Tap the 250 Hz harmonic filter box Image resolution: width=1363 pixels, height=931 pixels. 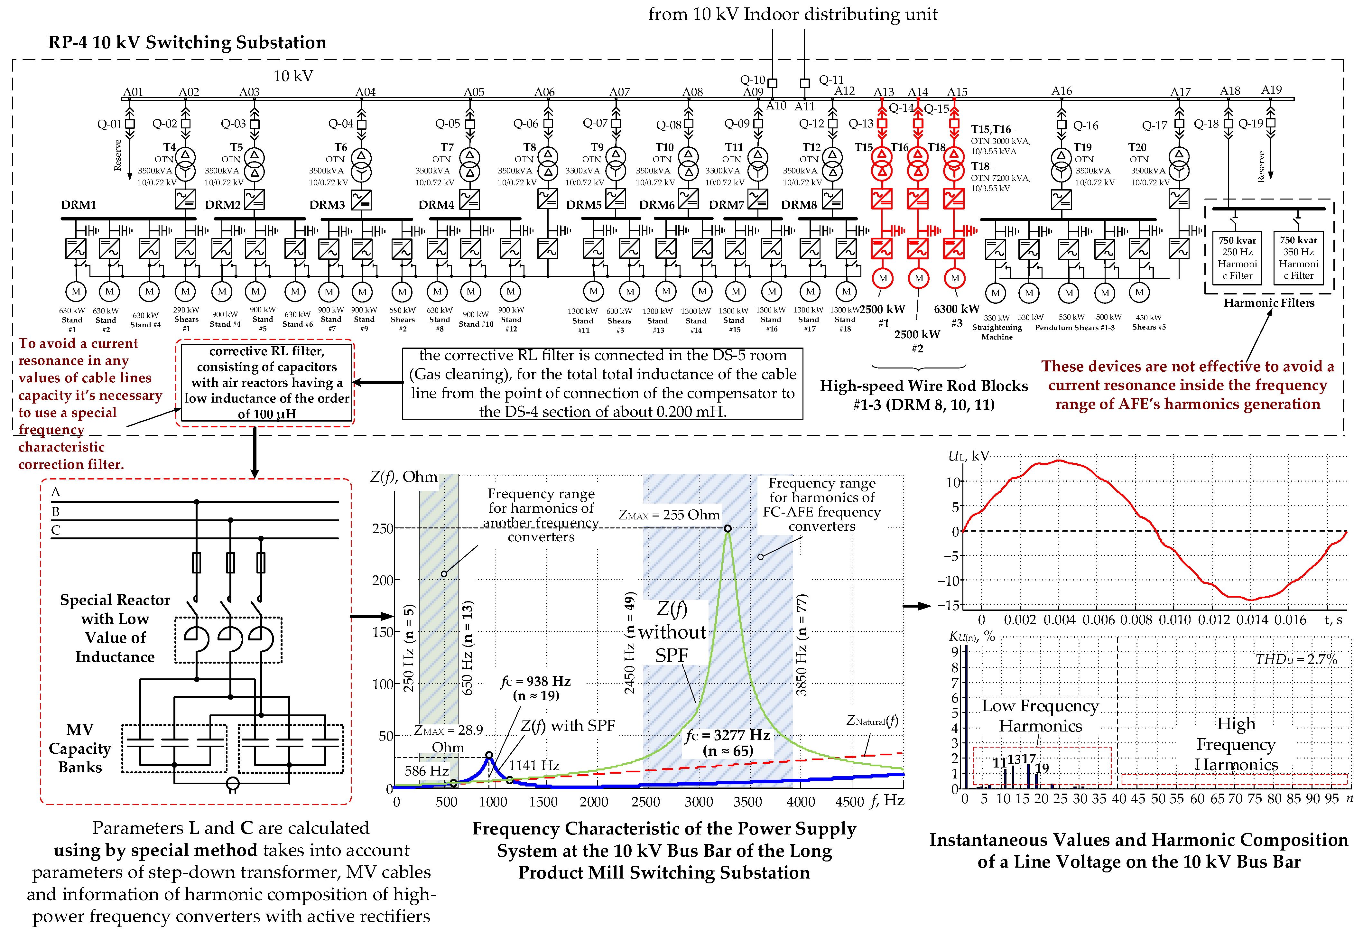click(x=1237, y=258)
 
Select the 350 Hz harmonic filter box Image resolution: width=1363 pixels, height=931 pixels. click(x=1299, y=258)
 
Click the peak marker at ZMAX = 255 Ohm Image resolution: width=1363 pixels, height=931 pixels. click(x=727, y=528)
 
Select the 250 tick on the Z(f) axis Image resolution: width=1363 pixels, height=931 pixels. click(x=382, y=528)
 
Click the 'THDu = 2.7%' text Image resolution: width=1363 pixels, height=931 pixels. click(x=1296, y=659)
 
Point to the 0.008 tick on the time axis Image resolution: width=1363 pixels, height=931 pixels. click(x=1136, y=619)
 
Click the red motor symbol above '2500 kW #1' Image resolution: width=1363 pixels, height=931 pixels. click(x=883, y=278)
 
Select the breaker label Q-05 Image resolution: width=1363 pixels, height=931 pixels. click(x=448, y=124)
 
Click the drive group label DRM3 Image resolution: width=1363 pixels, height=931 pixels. click(x=327, y=205)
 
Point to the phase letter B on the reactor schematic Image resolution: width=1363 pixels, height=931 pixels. click(x=56, y=512)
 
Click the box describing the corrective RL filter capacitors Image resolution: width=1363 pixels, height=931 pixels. click(x=267, y=383)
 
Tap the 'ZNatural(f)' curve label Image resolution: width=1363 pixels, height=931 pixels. click(x=872, y=721)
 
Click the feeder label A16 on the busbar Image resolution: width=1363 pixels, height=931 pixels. click(x=1062, y=91)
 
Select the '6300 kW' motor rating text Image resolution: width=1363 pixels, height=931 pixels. click(x=957, y=309)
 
